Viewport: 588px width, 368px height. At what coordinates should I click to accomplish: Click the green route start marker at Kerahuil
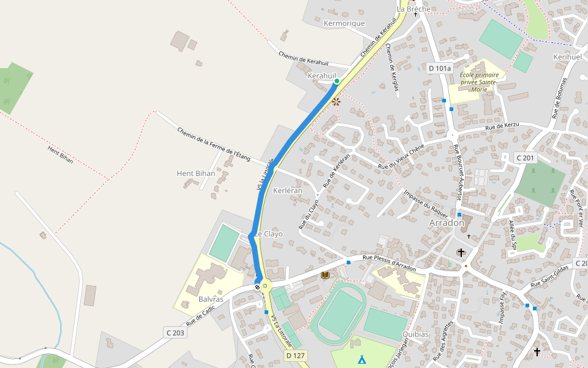click(336, 81)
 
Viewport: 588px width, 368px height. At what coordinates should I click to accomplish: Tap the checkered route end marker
click(257, 286)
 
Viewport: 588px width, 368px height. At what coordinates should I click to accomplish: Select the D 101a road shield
click(439, 69)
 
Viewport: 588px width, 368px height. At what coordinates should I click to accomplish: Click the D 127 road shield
click(296, 356)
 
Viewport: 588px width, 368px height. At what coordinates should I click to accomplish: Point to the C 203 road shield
click(175, 332)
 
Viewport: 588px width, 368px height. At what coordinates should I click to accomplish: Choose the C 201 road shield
click(525, 158)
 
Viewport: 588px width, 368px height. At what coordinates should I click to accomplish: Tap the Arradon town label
click(447, 223)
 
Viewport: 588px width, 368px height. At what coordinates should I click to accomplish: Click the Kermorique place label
click(344, 23)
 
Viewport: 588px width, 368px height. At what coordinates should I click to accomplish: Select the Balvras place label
click(211, 300)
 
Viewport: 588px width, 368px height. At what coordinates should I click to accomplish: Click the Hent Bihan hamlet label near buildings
click(196, 173)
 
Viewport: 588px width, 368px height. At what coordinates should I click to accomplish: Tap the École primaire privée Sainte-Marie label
click(479, 82)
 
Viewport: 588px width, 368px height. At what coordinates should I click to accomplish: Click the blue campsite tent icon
click(361, 359)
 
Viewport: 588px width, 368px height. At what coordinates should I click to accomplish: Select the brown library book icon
click(325, 275)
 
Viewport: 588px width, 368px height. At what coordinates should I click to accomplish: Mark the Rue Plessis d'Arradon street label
click(389, 264)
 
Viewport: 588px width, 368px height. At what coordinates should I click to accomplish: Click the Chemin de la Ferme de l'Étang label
click(214, 144)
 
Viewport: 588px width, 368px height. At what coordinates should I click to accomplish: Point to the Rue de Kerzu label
click(502, 126)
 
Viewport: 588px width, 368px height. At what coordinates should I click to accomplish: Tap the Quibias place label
click(415, 334)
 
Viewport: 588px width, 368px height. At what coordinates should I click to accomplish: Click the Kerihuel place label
click(567, 56)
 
